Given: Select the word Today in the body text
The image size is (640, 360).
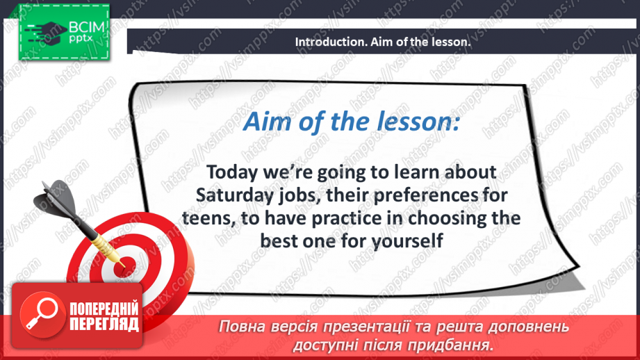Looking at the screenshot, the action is (x=232, y=172).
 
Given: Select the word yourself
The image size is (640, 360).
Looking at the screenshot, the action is (x=407, y=241).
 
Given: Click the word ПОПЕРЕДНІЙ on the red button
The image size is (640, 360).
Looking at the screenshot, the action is (x=104, y=309).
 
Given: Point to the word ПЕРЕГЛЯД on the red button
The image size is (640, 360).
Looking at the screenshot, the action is (x=104, y=325).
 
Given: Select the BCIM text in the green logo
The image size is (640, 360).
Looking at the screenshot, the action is (x=87, y=27).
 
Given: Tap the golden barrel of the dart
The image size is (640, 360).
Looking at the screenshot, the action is (x=106, y=247).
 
